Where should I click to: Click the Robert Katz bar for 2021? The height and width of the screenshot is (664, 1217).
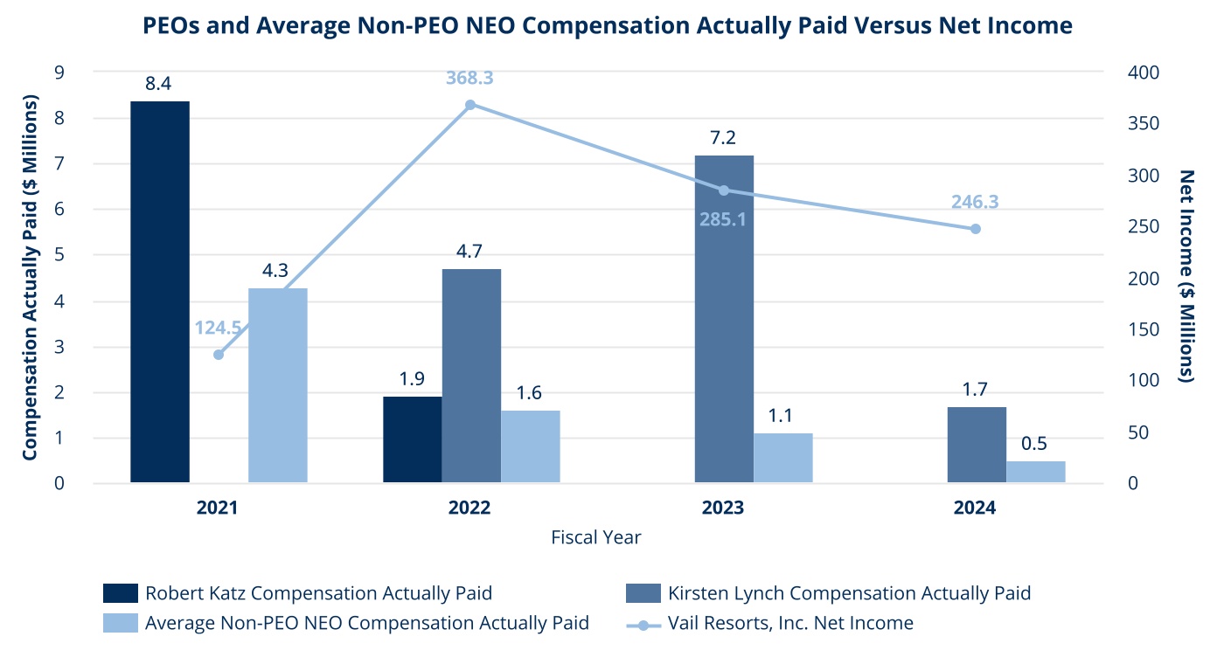pyautogui.click(x=160, y=292)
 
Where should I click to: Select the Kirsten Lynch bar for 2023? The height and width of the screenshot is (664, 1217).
pyautogui.click(x=724, y=319)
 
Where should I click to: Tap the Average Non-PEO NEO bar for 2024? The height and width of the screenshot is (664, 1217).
pyautogui.click(x=1036, y=472)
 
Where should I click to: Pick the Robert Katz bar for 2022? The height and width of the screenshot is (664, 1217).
pyautogui.click(x=413, y=439)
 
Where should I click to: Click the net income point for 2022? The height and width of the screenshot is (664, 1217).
pyautogui.click(x=470, y=105)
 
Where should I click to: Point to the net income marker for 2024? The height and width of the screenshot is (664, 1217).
pyautogui.click(x=976, y=229)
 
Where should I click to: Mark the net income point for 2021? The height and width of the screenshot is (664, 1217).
pyautogui.click(x=219, y=355)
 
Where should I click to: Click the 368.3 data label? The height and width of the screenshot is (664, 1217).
pyautogui.click(x=470, y=79)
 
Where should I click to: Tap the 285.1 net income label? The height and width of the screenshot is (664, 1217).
pyautogui.click(x=723, y=218)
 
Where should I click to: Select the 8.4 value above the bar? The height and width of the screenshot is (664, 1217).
pyautogui.click(x=158, y=85)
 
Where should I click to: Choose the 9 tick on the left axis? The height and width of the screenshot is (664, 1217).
pyautogui.click(x=60, y=73)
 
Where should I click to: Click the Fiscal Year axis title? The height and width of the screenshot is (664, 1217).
pyautogui.click(x=595, y=537)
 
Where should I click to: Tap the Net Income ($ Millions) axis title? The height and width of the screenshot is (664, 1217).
pyautogui.click(x=1186, y=276)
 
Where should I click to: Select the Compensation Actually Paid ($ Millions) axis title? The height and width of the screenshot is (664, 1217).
pyautogui.click(x=30, y=278)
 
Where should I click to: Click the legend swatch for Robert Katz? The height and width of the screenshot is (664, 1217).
pyautogui.click(x=121, y=593)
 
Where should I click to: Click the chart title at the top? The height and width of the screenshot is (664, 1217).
pyautogui.click(x=608, y=26)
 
